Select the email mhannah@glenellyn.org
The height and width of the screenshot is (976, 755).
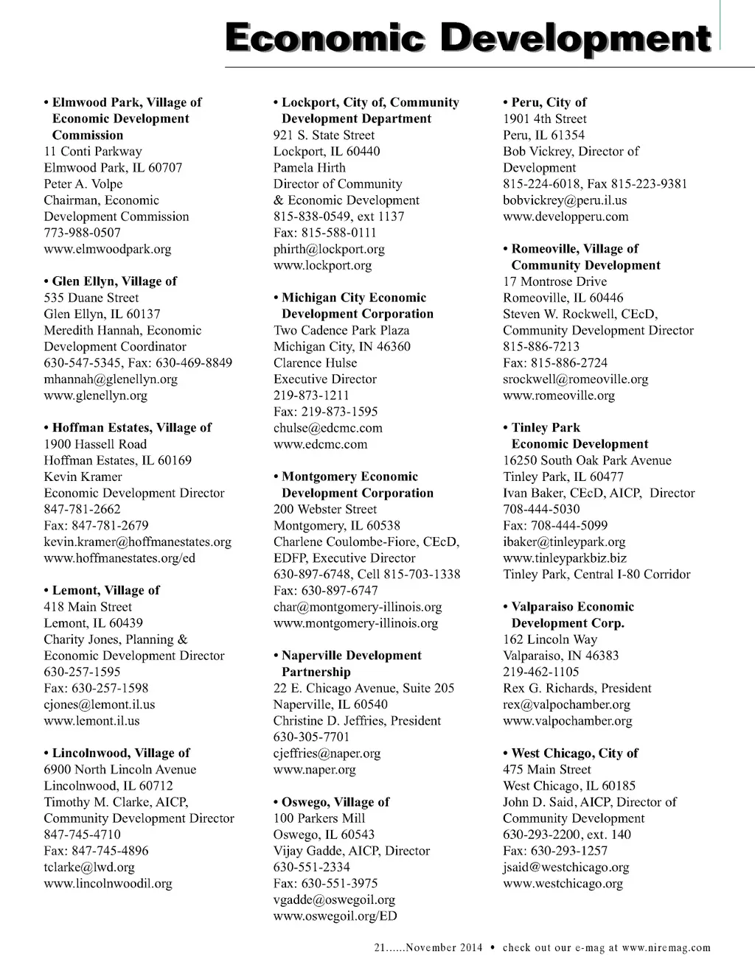coord(111,379)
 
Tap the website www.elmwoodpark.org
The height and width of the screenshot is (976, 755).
coord(108,249)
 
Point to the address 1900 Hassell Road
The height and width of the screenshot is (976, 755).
coord(95,444)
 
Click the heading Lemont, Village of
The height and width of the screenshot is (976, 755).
coord(105,590)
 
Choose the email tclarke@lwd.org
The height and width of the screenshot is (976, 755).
coord(89,867)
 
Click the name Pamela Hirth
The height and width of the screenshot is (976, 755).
coord(310,167)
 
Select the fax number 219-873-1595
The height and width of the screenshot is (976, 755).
coord(326,412)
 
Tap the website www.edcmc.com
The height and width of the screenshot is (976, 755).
coord(320,444)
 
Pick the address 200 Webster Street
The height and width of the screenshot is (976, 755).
coord(325,509)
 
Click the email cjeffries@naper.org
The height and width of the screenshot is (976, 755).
coord(327,753)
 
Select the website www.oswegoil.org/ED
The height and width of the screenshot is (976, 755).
coord(335,916)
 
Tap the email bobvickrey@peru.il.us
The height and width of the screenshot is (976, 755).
coord(565,200)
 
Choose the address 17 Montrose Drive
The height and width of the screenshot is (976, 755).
coord(555,281)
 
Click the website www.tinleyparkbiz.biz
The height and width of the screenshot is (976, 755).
coord(565,558)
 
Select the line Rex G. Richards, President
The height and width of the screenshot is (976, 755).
coord(577,688)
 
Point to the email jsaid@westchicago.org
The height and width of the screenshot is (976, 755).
coord(566,867)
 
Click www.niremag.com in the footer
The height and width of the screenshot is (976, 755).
coord(666,948)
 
